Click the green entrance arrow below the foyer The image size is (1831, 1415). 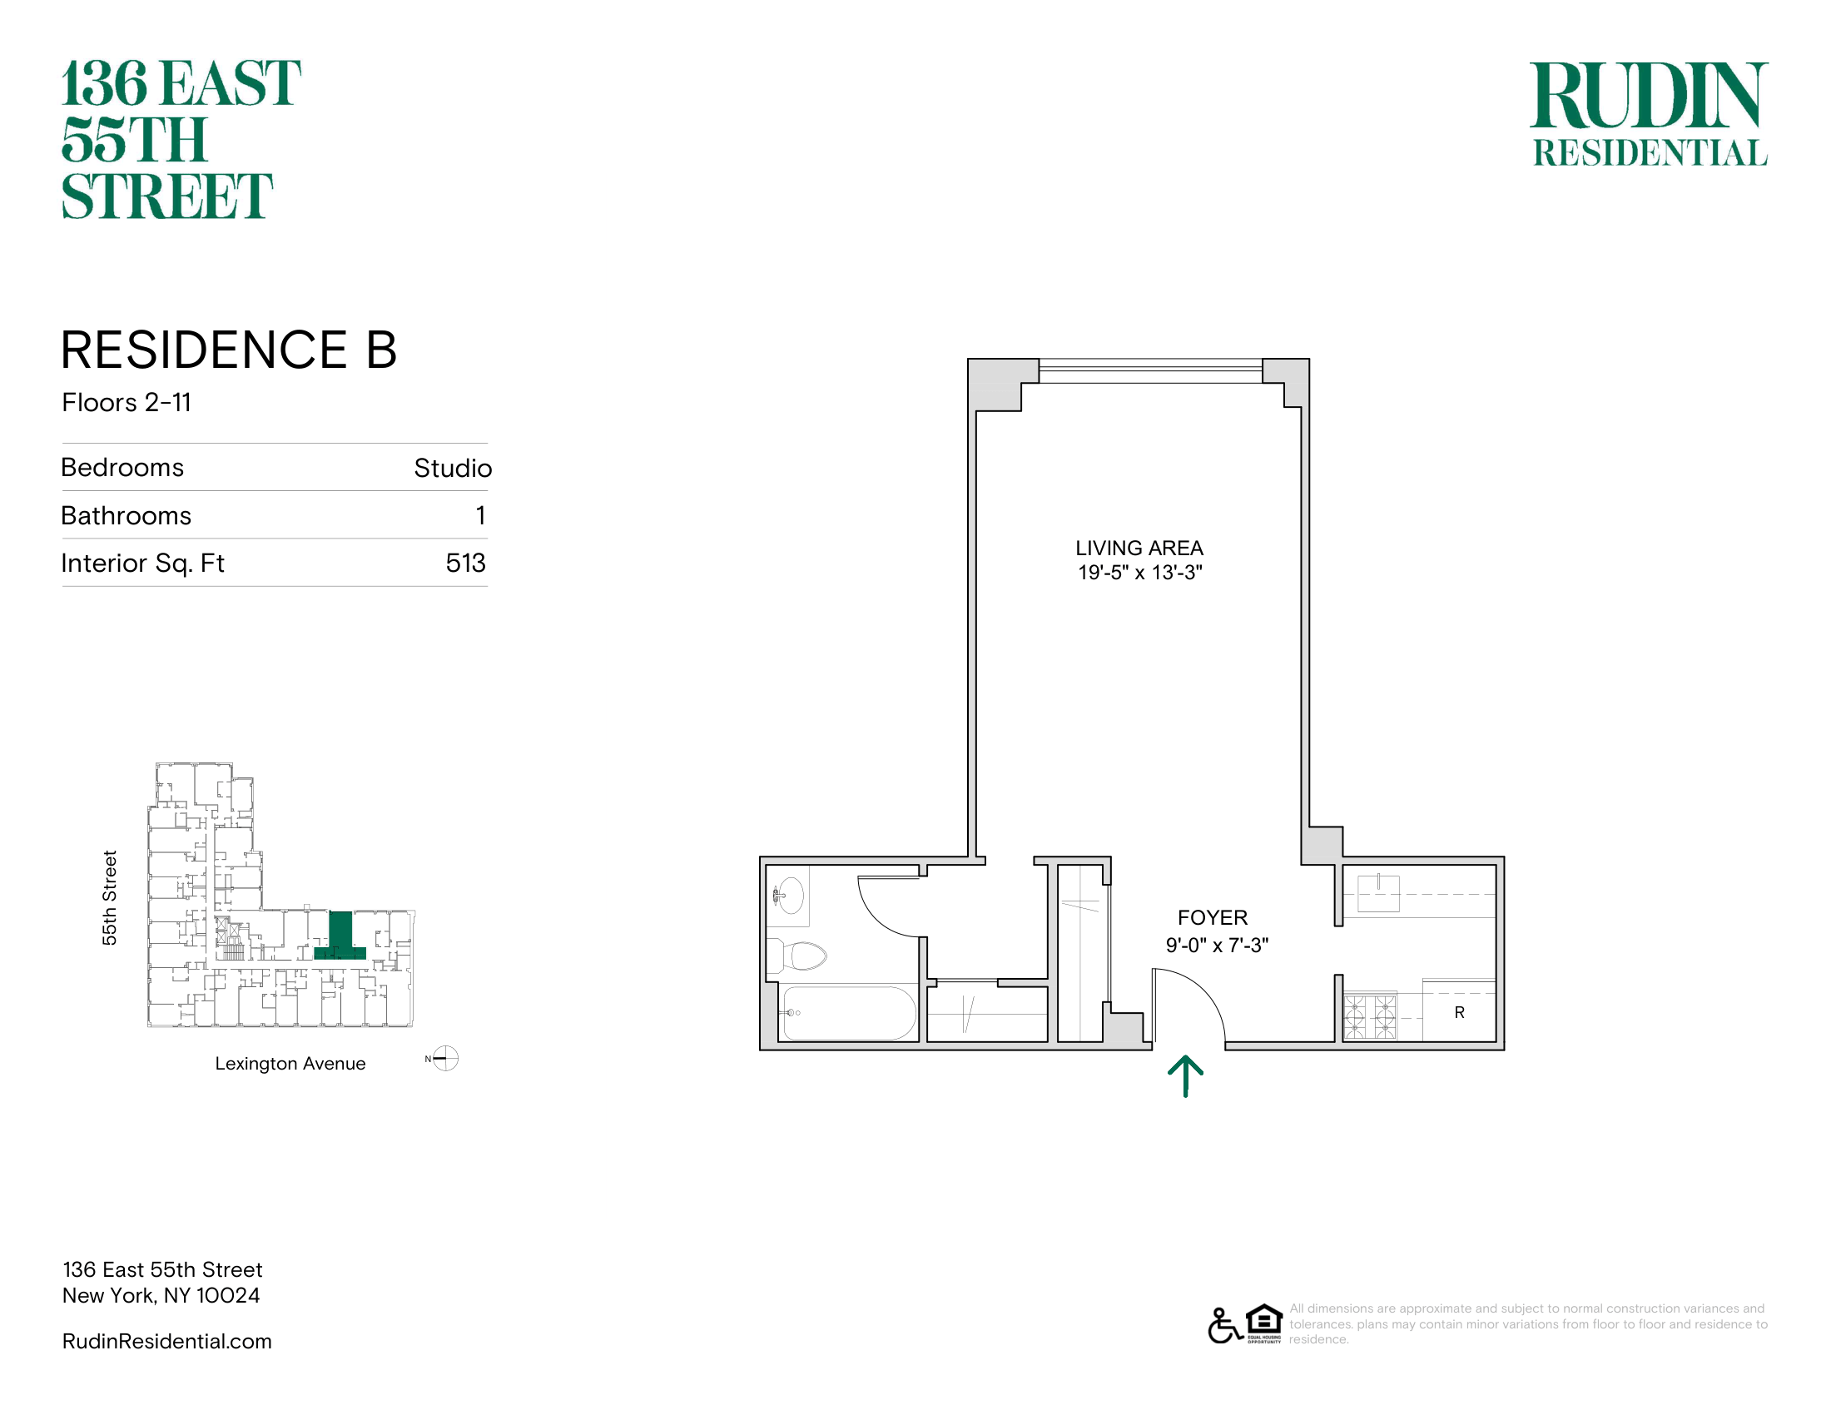(1185, 1075)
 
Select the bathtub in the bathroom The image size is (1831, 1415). (850, 1013)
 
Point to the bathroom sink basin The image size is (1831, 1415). (788, 896)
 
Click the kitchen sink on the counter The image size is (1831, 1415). (1379, 893)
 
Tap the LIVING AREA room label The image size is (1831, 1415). (1139, 549)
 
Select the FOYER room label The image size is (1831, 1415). (1213, 918)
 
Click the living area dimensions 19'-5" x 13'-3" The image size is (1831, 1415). (1140, 573)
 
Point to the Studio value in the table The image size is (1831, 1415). (453, 468)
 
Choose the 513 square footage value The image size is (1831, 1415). (466, 563)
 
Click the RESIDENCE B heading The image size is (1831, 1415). (229, 350)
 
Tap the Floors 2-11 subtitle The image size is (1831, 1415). (127, 402)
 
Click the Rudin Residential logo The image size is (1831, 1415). (1649, 114)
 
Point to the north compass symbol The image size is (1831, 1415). (445, 1059)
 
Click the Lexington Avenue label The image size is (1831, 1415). (290, 1064)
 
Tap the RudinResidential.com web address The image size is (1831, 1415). (166, 1341)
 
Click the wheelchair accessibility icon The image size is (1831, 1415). (1224, 1325)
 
